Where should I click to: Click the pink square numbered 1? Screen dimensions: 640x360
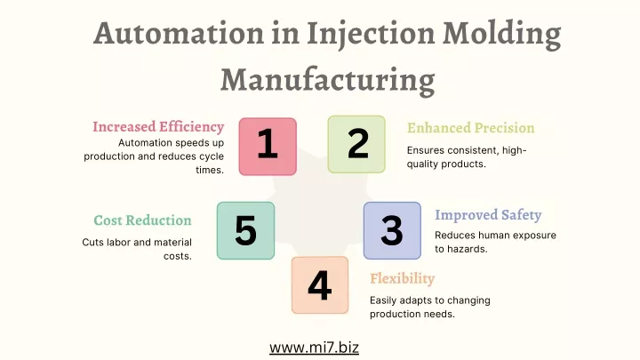tap(268, 147)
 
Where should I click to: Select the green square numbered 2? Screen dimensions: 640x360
tap(356, 144)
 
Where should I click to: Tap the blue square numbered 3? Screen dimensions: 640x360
tap(392, 230)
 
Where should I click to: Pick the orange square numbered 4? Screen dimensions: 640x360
tap(320, 285)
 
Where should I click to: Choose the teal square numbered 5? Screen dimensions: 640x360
tap(245, 230)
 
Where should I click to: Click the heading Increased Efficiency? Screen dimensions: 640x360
tap(158, 127)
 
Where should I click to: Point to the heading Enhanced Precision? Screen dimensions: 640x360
tap(470, 128)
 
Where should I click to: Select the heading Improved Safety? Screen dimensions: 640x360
tap(488, 215)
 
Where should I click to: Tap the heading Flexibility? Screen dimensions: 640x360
tap(402, 279)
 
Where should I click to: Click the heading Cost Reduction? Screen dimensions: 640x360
tap(142, 220)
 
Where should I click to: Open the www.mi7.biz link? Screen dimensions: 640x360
tap(315, 348)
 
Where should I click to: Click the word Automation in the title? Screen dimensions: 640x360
tap(179, 33)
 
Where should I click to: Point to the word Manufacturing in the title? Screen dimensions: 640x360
tap(328, 80)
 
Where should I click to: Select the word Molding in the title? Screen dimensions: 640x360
tap(502, 34)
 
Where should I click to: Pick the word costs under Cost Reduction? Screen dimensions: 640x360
tap(178, 256)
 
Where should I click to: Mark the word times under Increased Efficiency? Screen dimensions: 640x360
tap(210, 170)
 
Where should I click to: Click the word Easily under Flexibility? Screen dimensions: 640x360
tap(383, 300)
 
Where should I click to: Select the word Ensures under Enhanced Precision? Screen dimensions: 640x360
tap(425, 150)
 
